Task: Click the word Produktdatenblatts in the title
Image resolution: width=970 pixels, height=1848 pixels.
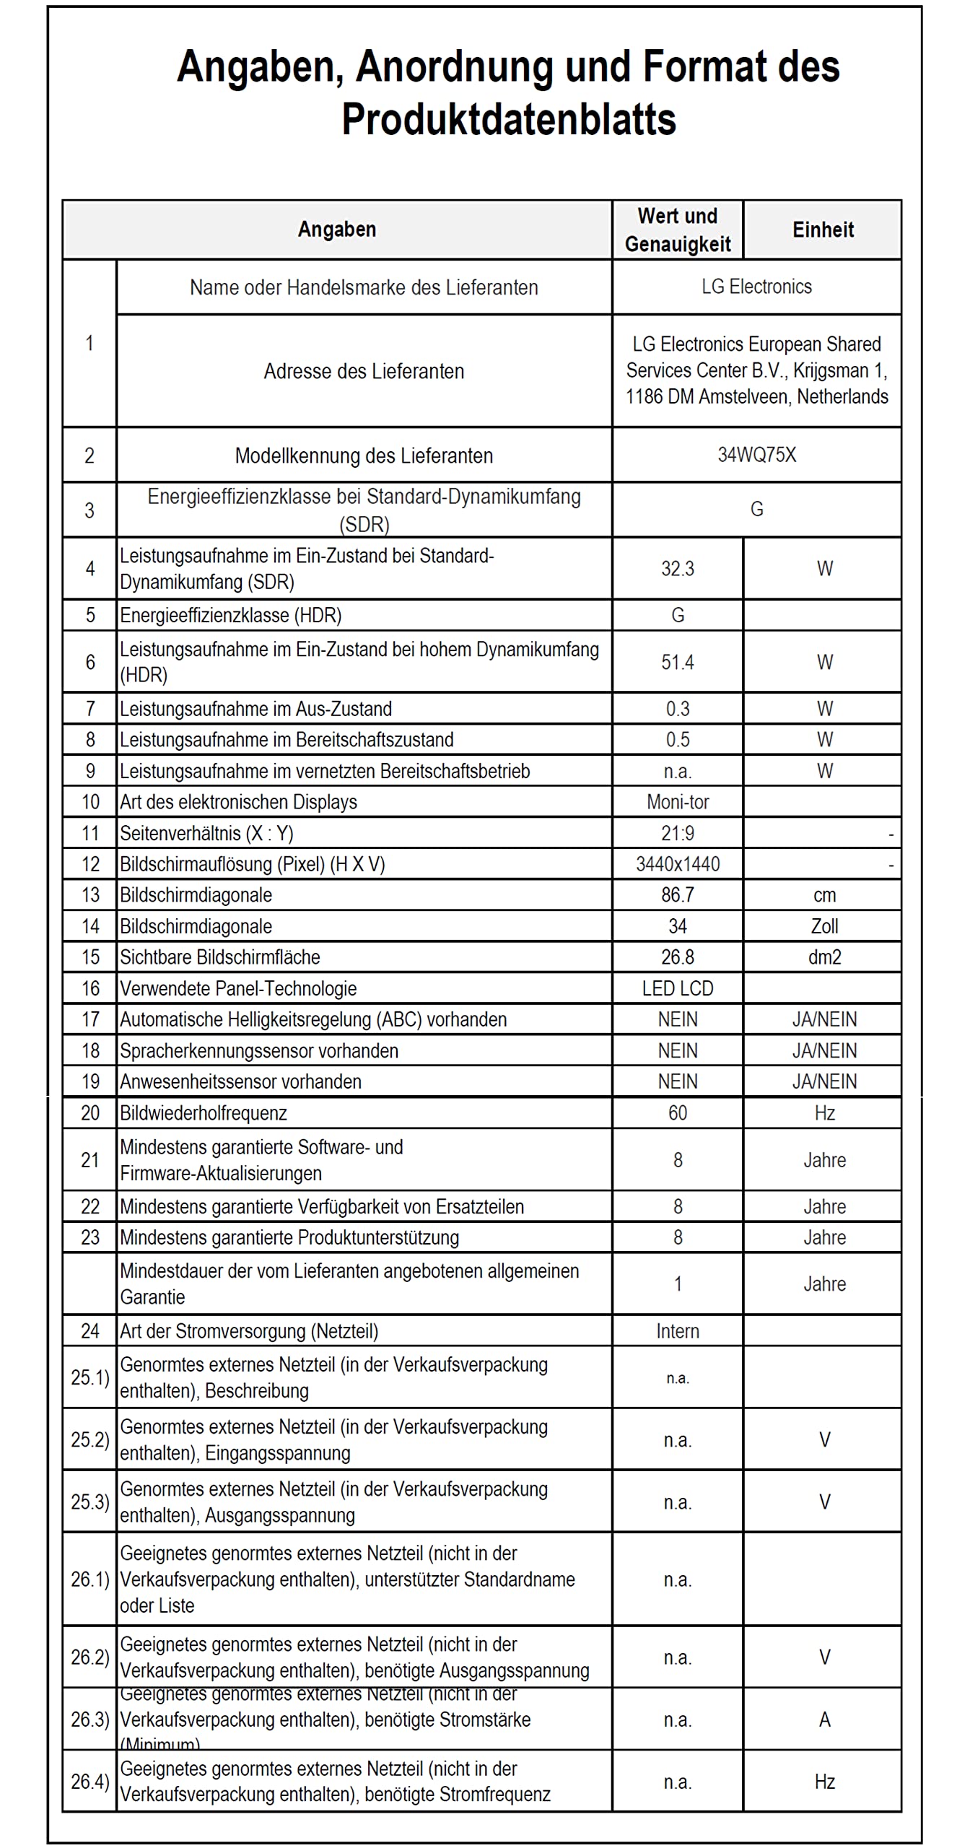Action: click(x=509, y=119)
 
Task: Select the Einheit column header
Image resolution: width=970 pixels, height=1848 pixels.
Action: click(x=823, y=230)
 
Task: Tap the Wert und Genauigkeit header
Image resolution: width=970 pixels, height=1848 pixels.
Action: click(x=678, y=230)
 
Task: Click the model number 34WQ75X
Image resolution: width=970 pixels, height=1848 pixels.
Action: click(x=756, y=455)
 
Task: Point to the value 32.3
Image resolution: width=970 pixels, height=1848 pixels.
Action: click(x=678, y=569)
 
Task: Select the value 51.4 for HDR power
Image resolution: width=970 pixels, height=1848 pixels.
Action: click(x=678, y=662)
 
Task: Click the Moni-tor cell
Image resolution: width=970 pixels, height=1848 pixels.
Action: click(x=678, y=802)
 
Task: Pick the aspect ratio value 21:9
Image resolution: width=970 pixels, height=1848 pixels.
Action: click(x=678, y=834)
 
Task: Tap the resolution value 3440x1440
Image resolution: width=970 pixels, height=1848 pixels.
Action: click(x=678, y=864)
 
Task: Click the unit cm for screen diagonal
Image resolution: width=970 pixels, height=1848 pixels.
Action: click(x=824, y=896)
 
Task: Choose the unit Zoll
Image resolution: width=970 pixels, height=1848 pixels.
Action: click(x=824, y=926)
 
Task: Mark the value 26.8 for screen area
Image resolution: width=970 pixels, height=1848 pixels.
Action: click(x=678, y=957)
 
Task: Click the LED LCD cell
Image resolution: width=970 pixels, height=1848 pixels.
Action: click(x=678, y=988)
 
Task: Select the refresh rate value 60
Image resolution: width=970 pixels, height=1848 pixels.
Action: click(x=678, y=1113)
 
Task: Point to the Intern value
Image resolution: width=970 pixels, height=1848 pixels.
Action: click(x=678, y=1331)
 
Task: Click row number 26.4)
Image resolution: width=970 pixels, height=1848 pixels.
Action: click(x=89, y=1782)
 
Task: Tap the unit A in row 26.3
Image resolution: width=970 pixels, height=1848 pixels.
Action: click(x=824, y=1720)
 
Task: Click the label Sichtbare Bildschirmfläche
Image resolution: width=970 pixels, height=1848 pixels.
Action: click(x=220, y=957)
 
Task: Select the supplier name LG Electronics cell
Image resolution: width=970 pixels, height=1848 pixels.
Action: click(x=756, y=287)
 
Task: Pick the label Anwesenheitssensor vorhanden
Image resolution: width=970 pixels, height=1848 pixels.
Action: click(x=240, y=1081)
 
